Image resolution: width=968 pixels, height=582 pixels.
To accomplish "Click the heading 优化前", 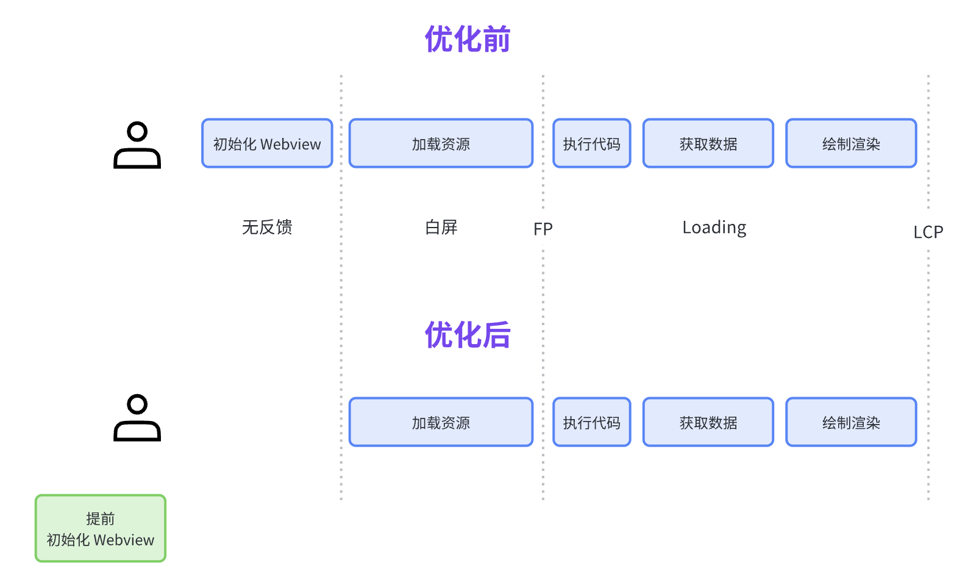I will [x=467, y=40].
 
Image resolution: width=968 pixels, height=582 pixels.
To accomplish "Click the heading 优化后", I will [x=467, y=336].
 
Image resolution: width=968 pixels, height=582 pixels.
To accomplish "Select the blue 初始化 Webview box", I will [x=267, y=144].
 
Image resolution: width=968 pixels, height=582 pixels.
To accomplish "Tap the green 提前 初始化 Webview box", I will [x=101, y=528].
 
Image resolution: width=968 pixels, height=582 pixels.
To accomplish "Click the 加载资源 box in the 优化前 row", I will [x=441, y=144].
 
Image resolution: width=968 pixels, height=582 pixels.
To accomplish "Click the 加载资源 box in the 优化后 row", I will [x=441, y=422].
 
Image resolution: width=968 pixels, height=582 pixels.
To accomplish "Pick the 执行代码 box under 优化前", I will [x=591, y=144].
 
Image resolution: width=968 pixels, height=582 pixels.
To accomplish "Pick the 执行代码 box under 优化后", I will [x=591, y=422].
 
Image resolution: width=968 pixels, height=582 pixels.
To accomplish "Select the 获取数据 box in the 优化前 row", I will [x=708, y=144].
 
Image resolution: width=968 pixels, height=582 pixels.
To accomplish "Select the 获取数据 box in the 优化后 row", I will [x=708, y=422].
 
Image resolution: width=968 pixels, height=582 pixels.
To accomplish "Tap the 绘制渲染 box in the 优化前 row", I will [x=851, y=144].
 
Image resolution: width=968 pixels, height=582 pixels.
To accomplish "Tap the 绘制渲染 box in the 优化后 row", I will [x=851, y=422].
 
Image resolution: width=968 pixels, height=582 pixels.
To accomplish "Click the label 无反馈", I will [x=267, y=227].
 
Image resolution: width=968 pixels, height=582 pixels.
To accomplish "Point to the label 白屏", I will [x=441, y=227].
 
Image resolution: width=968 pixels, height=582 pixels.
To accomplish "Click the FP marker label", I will [x=543, y=229].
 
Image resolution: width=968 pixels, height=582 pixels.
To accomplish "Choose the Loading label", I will [x=714, y=228].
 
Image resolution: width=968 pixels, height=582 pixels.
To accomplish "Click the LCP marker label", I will [x=928, y=232].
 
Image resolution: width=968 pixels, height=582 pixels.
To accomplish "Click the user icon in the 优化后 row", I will [x=137, y=418].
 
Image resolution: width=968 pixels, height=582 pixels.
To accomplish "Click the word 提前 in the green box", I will [x=101, y=519].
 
